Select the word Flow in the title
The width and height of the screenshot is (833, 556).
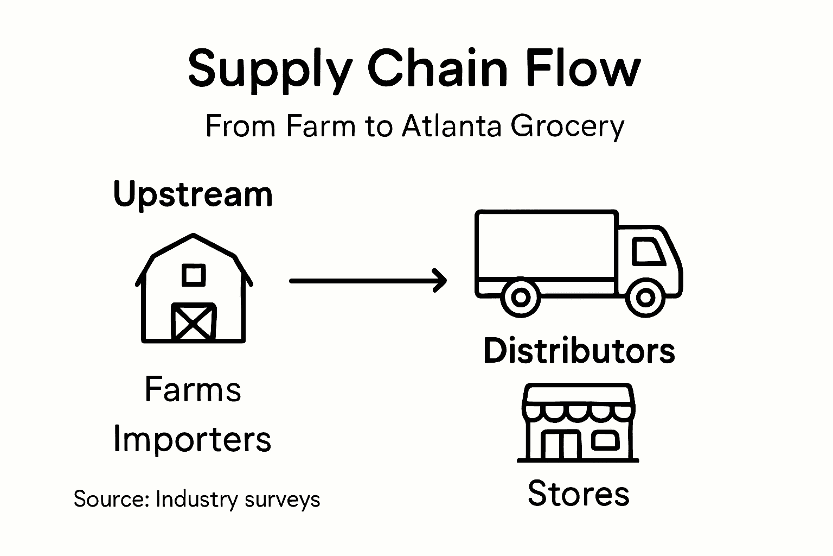click(586, 69)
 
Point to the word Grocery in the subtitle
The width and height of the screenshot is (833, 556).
click(568, 127)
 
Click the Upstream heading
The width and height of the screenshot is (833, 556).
click(193, 194)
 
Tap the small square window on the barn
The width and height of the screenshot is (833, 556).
click(194, 275)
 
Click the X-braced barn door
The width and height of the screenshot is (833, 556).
click(194, 322)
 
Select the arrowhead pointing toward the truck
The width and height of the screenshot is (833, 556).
click(440, 281)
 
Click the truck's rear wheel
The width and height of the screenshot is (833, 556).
click(520, 298)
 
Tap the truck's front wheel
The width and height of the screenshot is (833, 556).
click(645, 298)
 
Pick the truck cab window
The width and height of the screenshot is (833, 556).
click(648, 251)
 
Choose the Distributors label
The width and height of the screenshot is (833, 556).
click(579, 351)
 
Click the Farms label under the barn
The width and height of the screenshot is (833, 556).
click(193, 390)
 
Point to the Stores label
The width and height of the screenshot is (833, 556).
click(578, 494)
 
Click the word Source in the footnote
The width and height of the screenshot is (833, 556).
click(111, 499)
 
